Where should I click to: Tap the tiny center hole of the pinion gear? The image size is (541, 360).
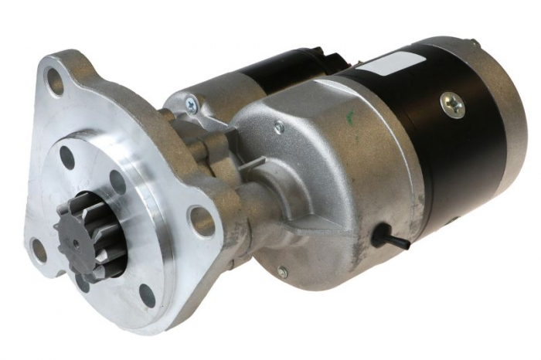coord(75,242)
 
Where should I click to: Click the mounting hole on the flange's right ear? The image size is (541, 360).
coord(202,222)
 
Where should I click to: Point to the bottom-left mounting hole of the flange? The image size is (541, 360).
coord(39,249)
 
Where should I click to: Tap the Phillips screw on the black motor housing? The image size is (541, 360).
coord(453,104)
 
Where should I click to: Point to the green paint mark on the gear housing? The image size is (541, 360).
coord(352,119)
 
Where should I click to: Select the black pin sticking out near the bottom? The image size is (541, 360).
coord(386,239)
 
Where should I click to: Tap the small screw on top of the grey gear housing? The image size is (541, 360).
coord(279,125)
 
